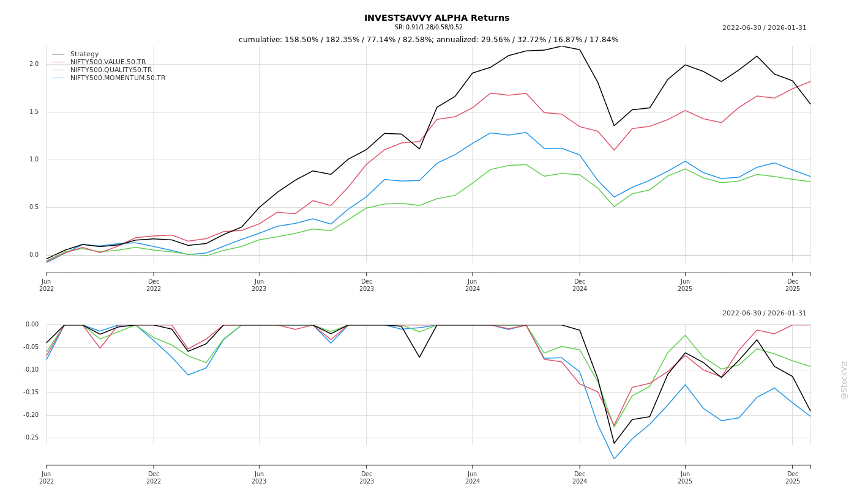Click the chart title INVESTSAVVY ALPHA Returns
436,18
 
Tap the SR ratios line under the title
428,28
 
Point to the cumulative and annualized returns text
428,40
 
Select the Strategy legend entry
84,54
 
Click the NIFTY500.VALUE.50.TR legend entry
108,62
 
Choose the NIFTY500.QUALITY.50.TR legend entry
111,70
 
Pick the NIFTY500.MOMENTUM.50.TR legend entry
118,78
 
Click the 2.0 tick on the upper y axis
34,64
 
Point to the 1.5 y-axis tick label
34,112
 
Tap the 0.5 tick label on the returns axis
34,207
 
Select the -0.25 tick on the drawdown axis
31,438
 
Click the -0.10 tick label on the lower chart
31,370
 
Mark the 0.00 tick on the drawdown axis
32,325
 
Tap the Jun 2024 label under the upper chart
472,285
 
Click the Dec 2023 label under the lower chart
366,477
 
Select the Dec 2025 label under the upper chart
792,285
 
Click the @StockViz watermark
844,380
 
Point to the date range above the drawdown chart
764,314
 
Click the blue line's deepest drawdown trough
614,458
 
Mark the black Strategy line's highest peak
562,46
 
